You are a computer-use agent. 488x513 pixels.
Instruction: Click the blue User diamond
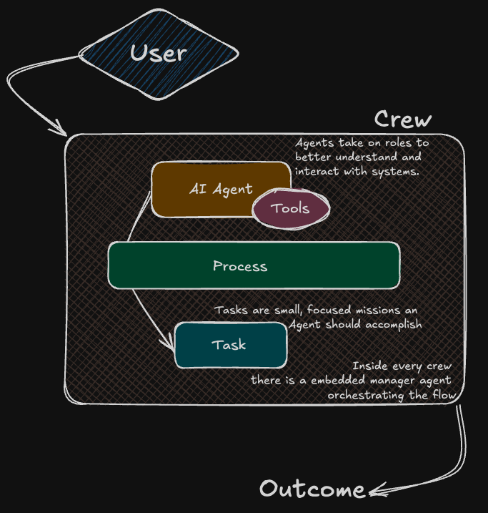coord(158,52)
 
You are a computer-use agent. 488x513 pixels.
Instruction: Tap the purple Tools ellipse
coord(291,208)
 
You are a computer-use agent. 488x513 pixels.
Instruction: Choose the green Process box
coord(254,266)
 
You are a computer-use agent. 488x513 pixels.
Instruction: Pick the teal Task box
coord(230,345)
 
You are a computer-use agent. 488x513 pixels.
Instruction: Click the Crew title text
coord(403,119)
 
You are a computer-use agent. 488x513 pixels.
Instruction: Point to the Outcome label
coord(312,489)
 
